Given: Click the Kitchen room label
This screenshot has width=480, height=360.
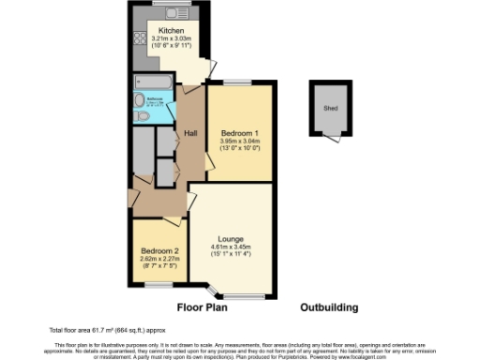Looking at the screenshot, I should [171, 30].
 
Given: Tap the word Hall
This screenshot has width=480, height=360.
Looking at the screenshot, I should [190, 132].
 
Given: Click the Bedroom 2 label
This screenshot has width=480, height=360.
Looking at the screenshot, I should [159, 251].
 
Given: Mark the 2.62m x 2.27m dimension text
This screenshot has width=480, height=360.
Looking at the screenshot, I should [159, 259].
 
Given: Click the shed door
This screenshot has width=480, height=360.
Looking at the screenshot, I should [334, 138].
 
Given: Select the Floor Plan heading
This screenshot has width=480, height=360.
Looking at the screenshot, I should [203, 307].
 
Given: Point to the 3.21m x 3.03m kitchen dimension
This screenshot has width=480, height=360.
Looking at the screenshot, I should [171, 38].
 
